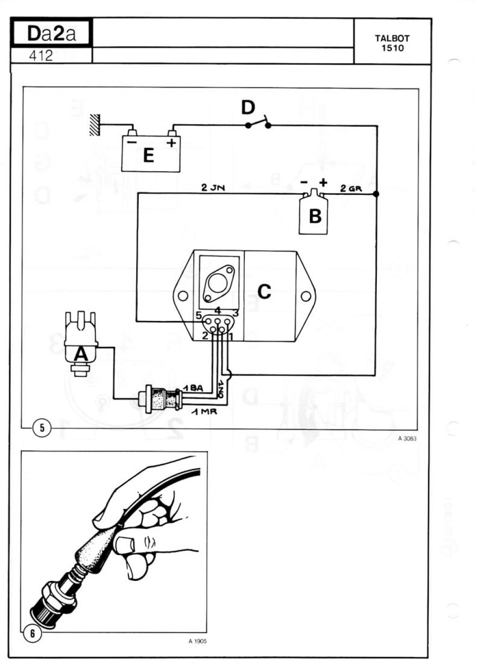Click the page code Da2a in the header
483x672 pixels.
pyautogui.click(x=51, y=34)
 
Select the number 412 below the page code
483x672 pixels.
pyautogui.click(x=41, y=56)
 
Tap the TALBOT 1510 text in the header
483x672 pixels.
pyautogui.click(x=392, y=43)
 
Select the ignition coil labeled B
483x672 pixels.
pyautogui.click(x=314, y=211)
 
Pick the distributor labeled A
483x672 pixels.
pyautogui.click(x=80, y=344)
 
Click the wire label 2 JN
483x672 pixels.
pyautogui.click(x=213, y=188)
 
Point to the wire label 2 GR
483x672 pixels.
pyautogui.click(x=351, y=188)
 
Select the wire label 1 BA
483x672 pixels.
pyautogui.click(x=193, y=388)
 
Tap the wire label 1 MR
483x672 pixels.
pyautogui.click(x=204, y=412)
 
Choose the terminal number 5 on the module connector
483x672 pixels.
pyautogui.click(x=199, y=316)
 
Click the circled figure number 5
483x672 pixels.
pyautogui.click(x=42, y=428)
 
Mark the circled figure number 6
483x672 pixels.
pyautogui.click(x=33, y=633)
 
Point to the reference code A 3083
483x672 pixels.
pyautogui.click(x=408, y=438)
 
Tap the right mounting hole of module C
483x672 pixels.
pyautogui.click(x=306, y=296)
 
